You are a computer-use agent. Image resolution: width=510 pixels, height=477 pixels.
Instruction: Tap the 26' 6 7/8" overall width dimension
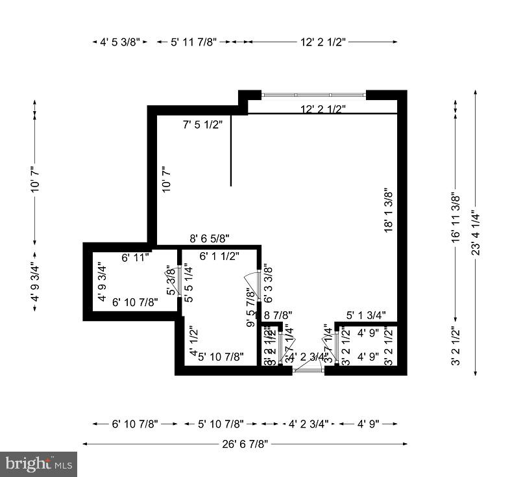pyautogui.click(x=245, y=444)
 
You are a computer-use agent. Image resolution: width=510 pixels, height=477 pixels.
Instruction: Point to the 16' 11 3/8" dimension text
pyautogui.click(x=455, y=217)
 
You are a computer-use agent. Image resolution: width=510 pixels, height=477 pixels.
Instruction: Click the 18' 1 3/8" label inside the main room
pyautogui.click(x=388, y=211)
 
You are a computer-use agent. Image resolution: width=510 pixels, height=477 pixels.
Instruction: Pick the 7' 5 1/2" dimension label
pyautogui.click(x=202, y=123)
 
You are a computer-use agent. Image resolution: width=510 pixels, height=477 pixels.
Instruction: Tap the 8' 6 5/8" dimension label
pyautogui.click(x=209, y=238)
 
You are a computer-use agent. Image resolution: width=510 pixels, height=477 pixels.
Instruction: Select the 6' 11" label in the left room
pyautogui.click(x=135, y=257)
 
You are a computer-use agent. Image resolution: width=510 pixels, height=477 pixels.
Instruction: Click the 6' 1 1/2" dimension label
pyautogui.click(x=219, y=256)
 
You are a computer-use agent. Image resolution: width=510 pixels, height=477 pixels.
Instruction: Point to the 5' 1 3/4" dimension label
pyautogui.click(x=365, y=315)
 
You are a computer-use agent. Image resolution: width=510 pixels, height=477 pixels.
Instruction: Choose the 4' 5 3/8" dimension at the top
pyautogui.click(x=120, y=42)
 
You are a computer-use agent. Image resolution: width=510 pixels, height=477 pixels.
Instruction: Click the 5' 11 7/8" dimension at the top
pyautogui.click(x=191, y=42)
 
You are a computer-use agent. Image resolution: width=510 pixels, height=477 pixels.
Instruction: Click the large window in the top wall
pyautogui.click(x=313, y=96)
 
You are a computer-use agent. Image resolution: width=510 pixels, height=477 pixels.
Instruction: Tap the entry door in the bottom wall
pyautogui.click(x=308, y=370)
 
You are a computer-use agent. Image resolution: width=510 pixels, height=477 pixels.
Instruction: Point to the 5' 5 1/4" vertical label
pyautogui.click(x=188, y=283)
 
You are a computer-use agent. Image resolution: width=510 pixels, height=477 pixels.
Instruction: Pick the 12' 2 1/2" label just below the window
pyautogui.click(x=322, y=109)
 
